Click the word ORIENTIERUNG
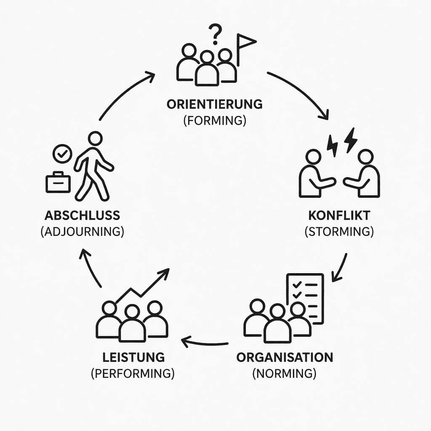[x=214, y=104]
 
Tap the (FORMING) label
[x=214, y=120]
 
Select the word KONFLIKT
[x=339, y=215]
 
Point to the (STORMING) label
[x=339, y=232]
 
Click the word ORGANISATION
[x=285, y=357]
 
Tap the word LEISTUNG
[x=133, y=357]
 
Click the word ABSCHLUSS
[x=82, y=215]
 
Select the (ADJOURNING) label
[x=82, y=232]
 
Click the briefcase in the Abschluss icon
[x=58, y=183]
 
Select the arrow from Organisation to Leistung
[x=205, y=342]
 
